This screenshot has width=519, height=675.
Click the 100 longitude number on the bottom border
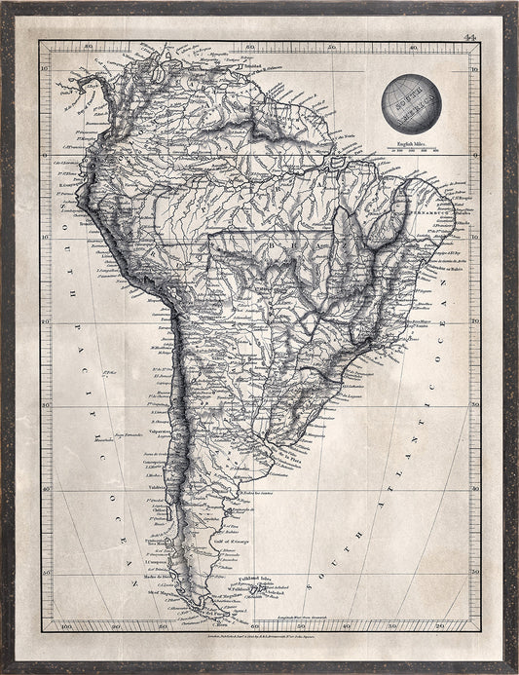pos(65,625)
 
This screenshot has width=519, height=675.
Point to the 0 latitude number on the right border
pos(474,154)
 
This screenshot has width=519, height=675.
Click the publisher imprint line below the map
pos(259,639)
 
